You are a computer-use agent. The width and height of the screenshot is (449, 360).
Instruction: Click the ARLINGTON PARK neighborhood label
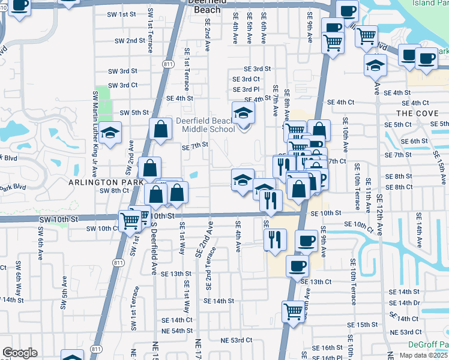(x=106, y=181)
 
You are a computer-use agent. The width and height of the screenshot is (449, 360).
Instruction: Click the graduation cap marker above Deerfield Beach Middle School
(x=243, y=113)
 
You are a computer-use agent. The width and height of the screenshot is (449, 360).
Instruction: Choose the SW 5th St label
(x=134, y=112)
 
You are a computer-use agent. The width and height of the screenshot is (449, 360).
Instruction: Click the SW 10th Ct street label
(x=103, y=229)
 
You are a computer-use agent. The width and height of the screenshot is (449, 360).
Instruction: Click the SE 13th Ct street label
(x=316, y=281)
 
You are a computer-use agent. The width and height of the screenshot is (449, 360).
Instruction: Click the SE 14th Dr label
(x=403, y=303)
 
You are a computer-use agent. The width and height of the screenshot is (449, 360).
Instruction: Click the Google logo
(x=20, y=353)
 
